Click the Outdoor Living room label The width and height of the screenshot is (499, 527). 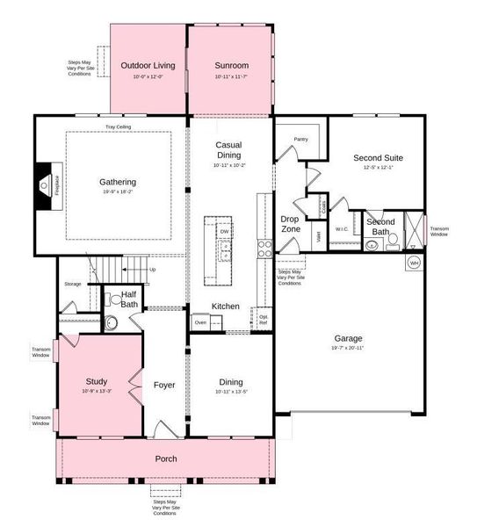point(148,65)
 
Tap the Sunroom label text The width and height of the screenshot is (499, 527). point(231,65)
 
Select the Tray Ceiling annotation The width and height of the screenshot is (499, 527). point(119,126)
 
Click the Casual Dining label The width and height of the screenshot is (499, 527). point(229,150)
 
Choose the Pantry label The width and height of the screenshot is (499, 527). point(300,139)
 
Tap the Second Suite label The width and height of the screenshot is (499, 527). point(377,158)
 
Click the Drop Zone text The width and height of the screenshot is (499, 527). point(290,224)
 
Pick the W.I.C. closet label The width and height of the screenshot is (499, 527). point(342,229)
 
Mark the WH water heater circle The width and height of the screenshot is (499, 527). point(414,263)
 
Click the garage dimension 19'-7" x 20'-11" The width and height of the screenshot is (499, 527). point(348,349)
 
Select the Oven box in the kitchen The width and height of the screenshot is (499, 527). point(200,322)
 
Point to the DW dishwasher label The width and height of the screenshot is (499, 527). point(224,232)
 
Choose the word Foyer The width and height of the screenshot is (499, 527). point(165,385)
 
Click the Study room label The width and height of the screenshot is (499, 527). point(97,381)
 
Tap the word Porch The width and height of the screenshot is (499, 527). point(166,458)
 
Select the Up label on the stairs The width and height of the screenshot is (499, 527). point(152,270)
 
